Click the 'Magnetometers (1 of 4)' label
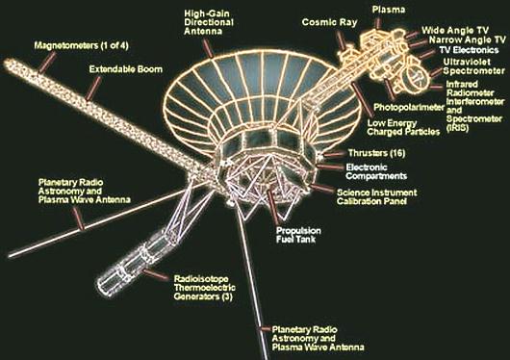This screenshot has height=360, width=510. click(x=82, y=45)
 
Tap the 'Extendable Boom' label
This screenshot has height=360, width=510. click(x=125, y=69)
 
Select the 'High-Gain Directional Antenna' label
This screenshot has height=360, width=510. click(x=209, y=22)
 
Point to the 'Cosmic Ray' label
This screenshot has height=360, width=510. click(x=329, y=22)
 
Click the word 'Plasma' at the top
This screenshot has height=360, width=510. click(x=389, y=10)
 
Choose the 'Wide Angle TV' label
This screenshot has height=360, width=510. click(x=455, y=30)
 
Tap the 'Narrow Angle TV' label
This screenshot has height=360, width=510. click(x=468, y=40)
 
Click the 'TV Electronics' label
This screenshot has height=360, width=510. click(x=469, y=50)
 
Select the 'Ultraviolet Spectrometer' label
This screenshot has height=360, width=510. click(x=473, y=66)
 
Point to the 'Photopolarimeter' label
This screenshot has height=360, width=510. click(x=409, y=107)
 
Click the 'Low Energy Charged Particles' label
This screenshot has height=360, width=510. click(x=403, y=127)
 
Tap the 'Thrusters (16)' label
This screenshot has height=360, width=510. click(x=376, y=153)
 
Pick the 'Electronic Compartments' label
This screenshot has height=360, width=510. click(x=376, y=171)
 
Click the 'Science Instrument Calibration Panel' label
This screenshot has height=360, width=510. click(x=376, y=197)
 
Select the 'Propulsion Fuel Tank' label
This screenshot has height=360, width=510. click(x=298, y=235)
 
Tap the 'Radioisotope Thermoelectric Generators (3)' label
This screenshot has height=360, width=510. click(x=204, y=288)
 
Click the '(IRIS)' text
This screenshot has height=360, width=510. click(x=458, y=128)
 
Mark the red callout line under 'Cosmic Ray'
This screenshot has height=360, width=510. click(x=341, y=40)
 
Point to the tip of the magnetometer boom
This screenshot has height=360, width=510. click(x=6, y=63)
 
